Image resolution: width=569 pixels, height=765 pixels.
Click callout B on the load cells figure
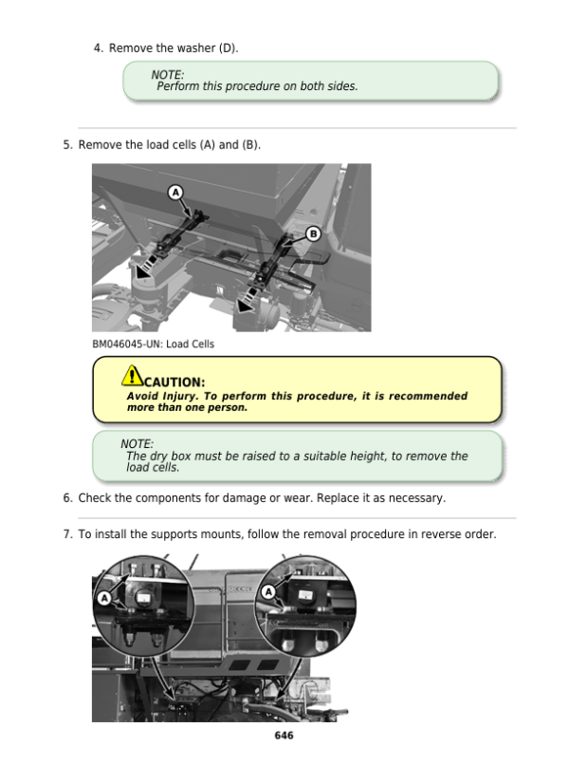pyautogui.click(x=313, y=233)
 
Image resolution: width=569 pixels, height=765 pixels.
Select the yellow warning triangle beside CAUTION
pyautogui.click(x=134, y=378)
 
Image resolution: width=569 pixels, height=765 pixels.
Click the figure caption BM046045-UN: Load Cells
pyautogui.click(x=153, y=344)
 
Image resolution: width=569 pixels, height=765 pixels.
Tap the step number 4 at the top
pyautogui.click(x=98, y=47)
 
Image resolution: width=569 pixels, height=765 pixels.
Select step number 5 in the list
pyautogui.click(x=66, y=145)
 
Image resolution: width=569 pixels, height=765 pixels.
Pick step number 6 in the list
pyautogui.click(x=66, y=498)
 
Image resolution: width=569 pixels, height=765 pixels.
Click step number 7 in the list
pyautogui.click(x=66, y=534)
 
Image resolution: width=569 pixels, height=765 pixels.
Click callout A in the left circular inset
pyautogui.click(x=103, y=598)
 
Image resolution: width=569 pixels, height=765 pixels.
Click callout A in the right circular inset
pyautogui.click(x=268, y=591)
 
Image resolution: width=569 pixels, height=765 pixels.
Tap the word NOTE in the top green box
pyautogui.click(x=168, y=75)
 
